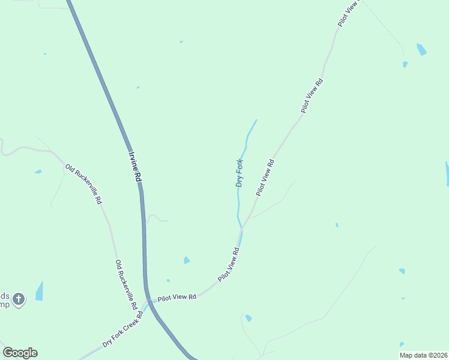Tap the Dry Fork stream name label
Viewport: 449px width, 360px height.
240,173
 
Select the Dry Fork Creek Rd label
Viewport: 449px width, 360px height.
122,329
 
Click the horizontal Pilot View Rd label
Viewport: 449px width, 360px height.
177,297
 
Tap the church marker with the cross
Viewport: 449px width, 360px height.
19,299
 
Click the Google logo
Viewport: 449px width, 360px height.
20,353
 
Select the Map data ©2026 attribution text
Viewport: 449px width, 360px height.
423,355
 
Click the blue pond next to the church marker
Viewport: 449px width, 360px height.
40,292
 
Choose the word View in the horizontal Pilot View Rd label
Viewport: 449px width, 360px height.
178,297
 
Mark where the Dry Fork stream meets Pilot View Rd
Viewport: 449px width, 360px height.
242,228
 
